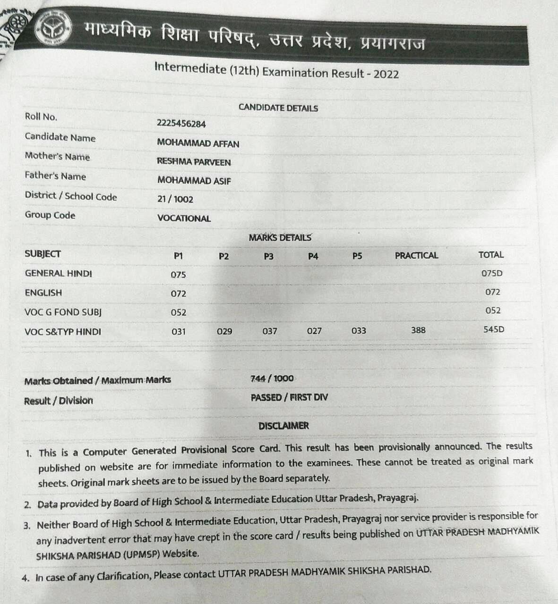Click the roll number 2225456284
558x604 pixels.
pos(181,124)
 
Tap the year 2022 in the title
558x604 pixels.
pos(386,74)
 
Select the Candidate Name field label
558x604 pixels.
pos(60,137)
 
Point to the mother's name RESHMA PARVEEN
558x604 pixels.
pos(194,162)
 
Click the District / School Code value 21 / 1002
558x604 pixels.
pos(175,199)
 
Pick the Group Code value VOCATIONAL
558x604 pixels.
pos(184,218)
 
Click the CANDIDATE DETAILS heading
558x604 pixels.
pos(278,108)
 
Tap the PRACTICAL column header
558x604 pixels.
pos(416,255)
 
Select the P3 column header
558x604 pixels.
pos(268,256)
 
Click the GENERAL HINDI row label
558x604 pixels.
pos(58,273)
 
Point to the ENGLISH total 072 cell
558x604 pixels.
pos(492,292)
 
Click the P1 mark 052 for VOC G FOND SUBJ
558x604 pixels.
pos(178,312)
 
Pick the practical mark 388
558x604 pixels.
pos(418,330)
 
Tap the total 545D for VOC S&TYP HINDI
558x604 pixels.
pos(493,329)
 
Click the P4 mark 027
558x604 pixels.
pos(314,331)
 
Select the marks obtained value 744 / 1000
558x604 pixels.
pos(272,378)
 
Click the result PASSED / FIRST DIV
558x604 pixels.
pos(289,397)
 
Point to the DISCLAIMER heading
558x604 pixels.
pos(283,426)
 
